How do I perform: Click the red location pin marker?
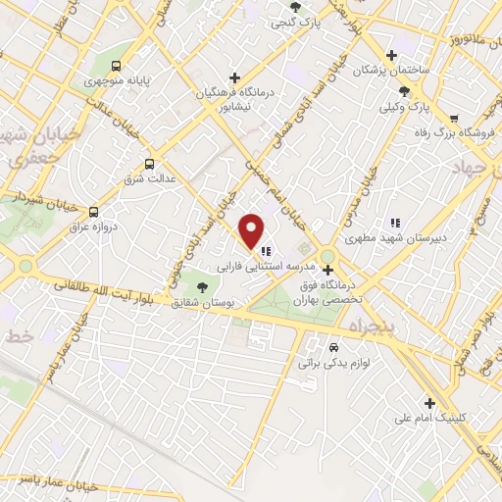(x=253, y=230)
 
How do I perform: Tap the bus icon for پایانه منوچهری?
(x=117, y=67)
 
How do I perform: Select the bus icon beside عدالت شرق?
(x=149, y=164)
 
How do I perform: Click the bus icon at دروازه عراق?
(x=93, y=211)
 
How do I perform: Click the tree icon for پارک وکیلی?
(x=405, y=89)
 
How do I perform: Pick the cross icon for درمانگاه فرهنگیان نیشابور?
(x=233, y=77)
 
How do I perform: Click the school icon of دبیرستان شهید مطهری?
(x=395, y=223)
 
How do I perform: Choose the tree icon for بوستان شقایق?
(x=202, y=287)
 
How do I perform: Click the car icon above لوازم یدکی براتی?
(x=334, y=348)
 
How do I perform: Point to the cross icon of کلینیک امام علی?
(x=429, y=402)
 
